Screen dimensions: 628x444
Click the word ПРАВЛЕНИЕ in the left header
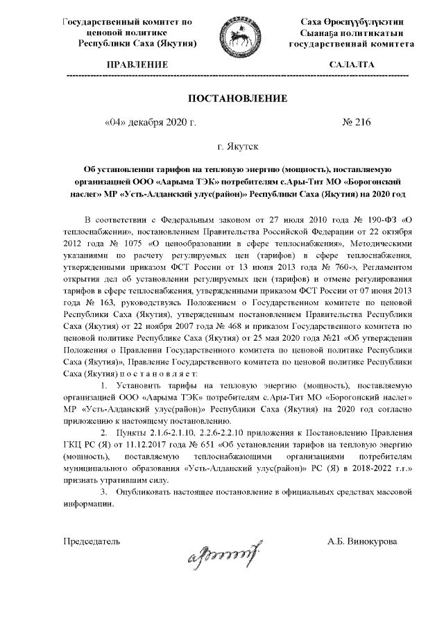pos(135,65)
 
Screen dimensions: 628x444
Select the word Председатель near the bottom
pos(92,541)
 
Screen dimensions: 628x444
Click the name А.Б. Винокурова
pos(363,541)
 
